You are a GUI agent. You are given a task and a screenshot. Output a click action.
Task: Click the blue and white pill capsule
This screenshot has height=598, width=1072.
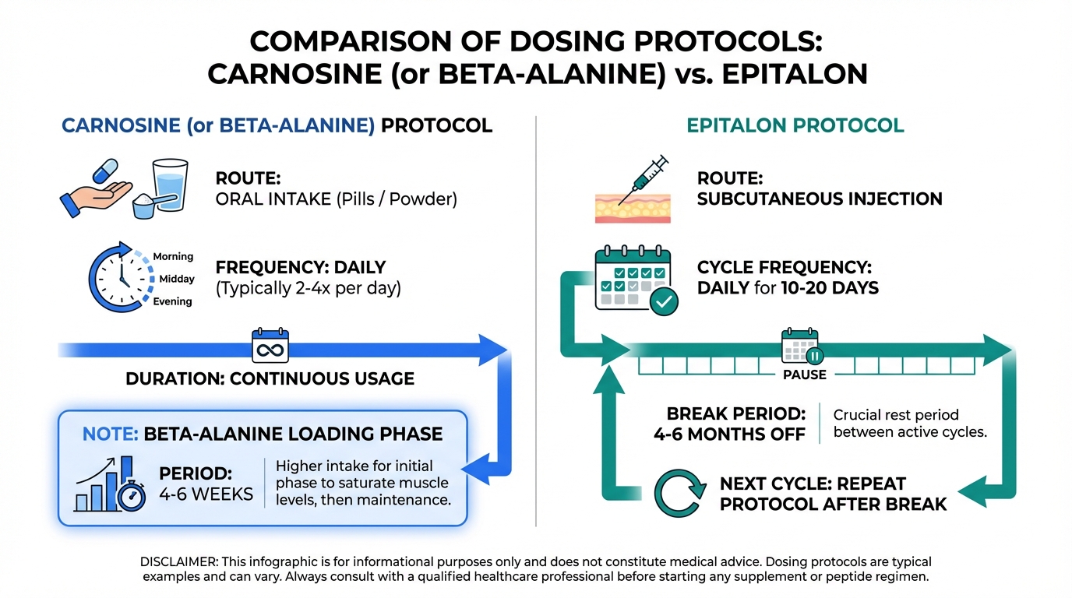[x=105, y=171]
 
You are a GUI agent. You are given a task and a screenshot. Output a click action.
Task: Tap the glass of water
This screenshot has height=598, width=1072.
[x=170, y=185]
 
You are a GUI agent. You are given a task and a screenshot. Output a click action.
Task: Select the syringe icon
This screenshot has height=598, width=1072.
[x=644, y=179]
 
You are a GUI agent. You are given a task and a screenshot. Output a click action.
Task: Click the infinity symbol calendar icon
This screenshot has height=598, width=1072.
[x=270, y=346]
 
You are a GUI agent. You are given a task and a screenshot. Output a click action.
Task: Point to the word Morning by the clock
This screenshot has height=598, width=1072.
[x=173, y=256]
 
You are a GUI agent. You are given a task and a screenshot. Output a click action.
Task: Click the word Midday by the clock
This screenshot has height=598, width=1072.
[x=177, y=279]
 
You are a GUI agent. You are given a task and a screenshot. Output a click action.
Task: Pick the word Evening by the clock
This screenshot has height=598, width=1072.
[x=172, y=301]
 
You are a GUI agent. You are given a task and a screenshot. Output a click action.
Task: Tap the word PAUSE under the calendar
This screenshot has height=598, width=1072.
[x=805, y=375]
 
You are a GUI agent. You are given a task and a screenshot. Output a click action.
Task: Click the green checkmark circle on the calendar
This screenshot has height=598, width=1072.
[x=664, y=301]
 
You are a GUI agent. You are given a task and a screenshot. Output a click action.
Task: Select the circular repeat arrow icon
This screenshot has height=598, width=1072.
[x=679, y=493]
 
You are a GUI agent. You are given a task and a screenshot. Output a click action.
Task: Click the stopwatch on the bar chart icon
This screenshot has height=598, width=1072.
[x=132, y=496]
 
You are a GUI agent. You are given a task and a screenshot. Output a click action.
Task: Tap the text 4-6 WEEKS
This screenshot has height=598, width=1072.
[x=206, y=494]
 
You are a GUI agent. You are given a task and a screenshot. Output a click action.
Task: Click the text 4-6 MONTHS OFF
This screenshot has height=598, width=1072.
[x=729, y=434]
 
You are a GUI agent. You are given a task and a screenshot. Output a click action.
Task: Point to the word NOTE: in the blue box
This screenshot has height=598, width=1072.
[x=110, y=434]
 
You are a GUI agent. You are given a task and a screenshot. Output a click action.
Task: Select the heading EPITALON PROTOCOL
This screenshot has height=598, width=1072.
[x=795, y=125]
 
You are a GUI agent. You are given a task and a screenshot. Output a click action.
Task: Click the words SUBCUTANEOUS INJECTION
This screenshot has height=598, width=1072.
[x=820, y=199]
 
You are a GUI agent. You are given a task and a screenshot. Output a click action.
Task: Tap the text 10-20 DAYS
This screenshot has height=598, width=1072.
[x=830, y=288]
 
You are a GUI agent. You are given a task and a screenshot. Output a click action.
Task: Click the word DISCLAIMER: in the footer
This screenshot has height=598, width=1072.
[x=178, y=561]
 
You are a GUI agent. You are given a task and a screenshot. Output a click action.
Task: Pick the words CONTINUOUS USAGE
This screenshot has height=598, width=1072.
[x=322, y=379]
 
